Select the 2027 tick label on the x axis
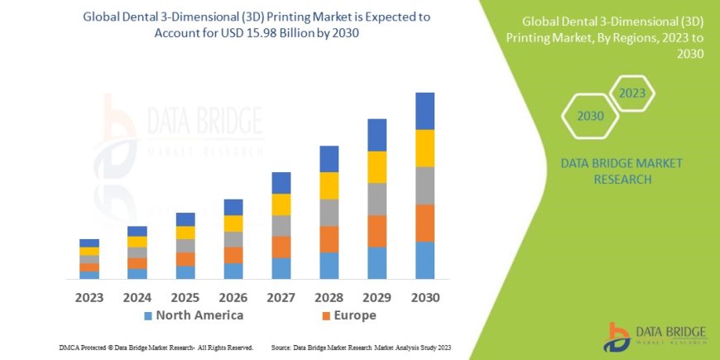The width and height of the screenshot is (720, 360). (x=281, y=296)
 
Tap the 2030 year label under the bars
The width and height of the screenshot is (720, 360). (x=425, y=296)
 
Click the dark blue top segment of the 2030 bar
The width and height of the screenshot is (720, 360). (x=425, y=111)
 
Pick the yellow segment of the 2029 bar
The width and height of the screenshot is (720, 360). (x=377, y=167)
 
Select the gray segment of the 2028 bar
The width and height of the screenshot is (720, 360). (x=329, y=213)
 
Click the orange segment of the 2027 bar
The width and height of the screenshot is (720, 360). (x=281, y=247)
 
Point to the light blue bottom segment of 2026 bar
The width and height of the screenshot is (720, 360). (x=233, y=271)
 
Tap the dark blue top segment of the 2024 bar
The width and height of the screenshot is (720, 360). (x=137, y=231)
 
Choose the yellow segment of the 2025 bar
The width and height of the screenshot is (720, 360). (x=185, y=233)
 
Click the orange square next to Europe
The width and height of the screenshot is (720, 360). (x=326, y=316)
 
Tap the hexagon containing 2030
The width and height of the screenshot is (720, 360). (x=590, y=117)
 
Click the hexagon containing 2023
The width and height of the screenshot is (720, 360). (x=631, y=93)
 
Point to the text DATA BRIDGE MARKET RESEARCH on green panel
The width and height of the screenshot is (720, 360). (x=622, y=170)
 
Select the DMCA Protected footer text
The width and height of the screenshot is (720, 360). (x=156, y=348)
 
